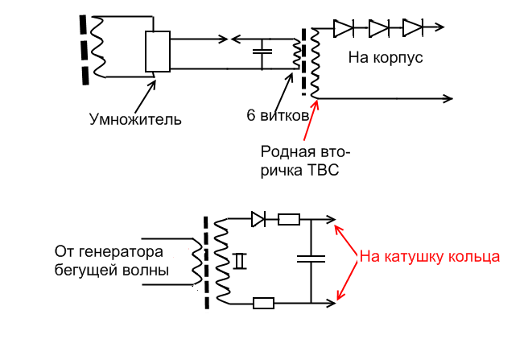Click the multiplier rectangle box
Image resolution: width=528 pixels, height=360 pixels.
158,52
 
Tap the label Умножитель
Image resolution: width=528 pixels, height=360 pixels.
135,120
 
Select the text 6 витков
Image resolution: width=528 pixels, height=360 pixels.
278,115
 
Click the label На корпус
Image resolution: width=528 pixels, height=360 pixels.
386,58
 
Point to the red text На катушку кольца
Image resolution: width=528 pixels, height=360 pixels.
430,257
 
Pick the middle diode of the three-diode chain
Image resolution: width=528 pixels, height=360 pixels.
379,27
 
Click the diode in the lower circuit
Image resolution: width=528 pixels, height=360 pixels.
258,218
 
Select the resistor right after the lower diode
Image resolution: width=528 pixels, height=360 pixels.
288,218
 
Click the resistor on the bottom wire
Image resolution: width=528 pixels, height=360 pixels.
263,304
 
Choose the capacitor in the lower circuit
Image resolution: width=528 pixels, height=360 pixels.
311,259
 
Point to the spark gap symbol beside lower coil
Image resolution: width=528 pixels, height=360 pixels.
239,260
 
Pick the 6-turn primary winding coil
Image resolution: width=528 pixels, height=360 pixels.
296,55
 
